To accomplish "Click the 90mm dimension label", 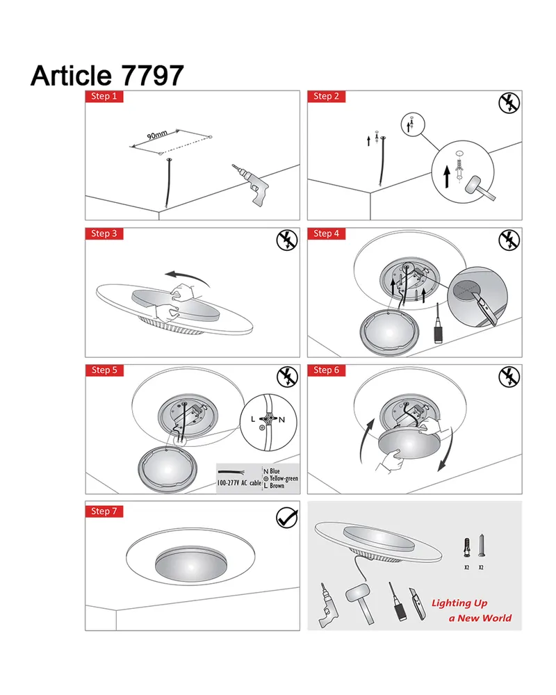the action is pos(157,135).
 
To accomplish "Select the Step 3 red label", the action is pos(104,234).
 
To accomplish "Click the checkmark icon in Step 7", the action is pos(287,518).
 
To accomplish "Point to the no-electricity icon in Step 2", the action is pos(509,103).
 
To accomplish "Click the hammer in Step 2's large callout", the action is pos(480,188).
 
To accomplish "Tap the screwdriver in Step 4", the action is pos(439,324).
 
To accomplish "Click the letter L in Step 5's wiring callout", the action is pos(253,419).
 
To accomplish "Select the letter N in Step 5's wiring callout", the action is pos(281,420).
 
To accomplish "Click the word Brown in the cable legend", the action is pos(277,486).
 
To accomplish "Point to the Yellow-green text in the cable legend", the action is pos(284,479).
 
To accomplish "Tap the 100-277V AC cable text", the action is pos(239,483).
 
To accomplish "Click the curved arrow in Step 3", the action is pos(187,279).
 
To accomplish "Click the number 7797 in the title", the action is pos(152,75).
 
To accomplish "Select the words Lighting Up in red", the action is pos(459,603).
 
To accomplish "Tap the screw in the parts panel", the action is pos(482,546).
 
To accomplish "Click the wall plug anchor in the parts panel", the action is pos(466,548).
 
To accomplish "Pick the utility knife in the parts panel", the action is pos(418,603).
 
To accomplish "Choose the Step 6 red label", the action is pos(327,370).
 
